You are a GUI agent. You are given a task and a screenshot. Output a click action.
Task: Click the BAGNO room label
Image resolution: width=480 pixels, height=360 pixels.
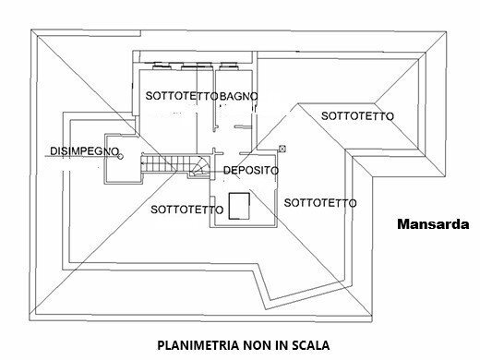pyautogui.click(x=239, y=96)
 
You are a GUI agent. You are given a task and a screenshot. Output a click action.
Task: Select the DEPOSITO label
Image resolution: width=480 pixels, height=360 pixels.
pyautogui.click(x=252, y=171)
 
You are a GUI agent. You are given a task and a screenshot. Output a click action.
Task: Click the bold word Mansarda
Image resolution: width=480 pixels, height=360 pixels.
pyautogui.click(x=433, y=223)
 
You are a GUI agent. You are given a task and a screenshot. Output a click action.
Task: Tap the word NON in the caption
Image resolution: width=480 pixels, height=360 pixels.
pyautogui.click(x=244, y=346)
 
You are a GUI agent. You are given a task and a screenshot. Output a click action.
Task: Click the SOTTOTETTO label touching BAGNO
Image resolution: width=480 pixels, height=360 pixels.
pyautogui.click(x=183, y=96)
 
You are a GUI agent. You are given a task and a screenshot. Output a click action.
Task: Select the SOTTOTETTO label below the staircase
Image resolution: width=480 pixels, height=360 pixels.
pyautogui.click(x=186, y=210)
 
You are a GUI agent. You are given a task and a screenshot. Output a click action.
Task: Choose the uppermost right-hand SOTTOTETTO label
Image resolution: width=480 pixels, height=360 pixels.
pyautogui.click(x=358, y=115)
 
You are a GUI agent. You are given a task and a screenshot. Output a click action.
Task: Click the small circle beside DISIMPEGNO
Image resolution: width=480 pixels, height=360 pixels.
pyautogui.click(x=120, y=157)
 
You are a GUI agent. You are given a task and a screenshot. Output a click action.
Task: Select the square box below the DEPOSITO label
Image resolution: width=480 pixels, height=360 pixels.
pyautogui.click(x=241, y=205)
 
